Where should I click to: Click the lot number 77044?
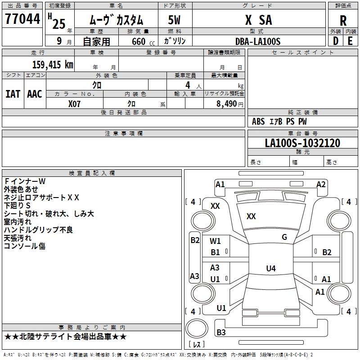tap(22, 19)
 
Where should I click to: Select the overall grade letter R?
tap(343, 21)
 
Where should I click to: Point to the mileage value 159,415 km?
tap(53, 64)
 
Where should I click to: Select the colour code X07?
tap(75, 103)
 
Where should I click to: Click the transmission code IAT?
tap(13, 94)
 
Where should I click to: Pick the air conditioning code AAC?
tap(35, 94)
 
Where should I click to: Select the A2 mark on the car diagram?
tap(321, 184)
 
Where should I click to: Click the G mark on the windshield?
tap(284, 237)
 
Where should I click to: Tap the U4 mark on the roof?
tap(270, 269)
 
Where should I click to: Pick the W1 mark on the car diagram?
tap(216, 241)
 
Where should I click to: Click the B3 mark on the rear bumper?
tap(221, 333)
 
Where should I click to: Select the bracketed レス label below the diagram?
tap(197, 344)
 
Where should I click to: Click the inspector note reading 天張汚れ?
tap(18, 238)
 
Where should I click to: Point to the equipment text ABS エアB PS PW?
tap(280, 121)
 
